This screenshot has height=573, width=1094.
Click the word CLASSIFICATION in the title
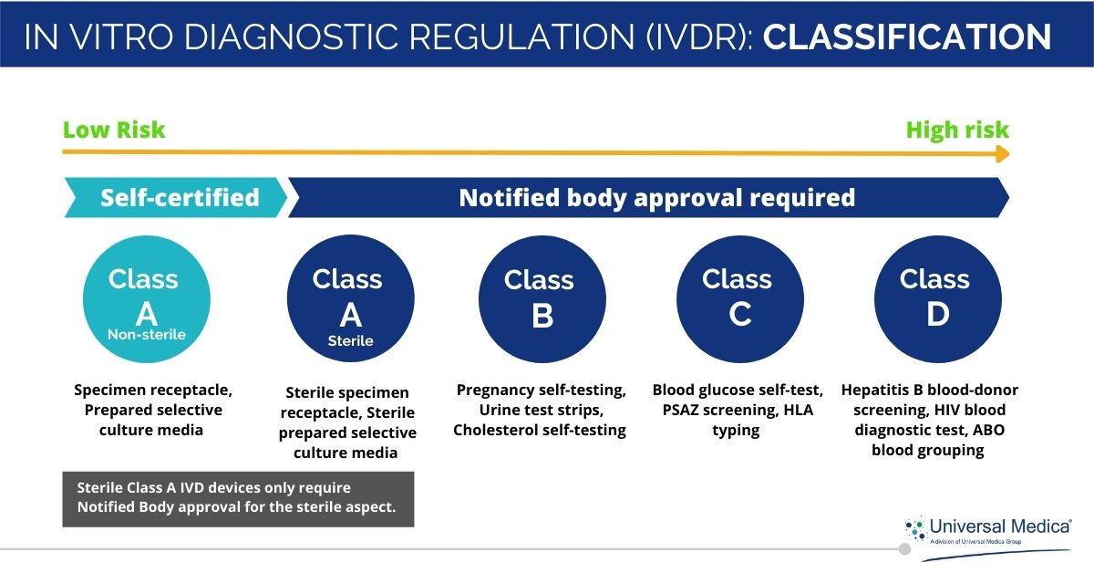click(907, 36)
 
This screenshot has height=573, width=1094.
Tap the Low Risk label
click(114, 130)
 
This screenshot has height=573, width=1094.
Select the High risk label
click(957, 130)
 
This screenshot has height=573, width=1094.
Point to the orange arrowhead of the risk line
click(1002, 154)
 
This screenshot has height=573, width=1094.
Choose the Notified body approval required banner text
click(656, 197)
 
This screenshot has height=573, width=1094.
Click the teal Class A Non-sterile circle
click(147, 300)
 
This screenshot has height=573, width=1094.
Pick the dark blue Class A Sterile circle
click(350, 300)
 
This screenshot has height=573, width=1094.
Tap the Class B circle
click(542, 300)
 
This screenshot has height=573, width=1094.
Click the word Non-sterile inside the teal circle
click(147, 335)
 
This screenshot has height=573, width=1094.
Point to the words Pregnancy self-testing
click(541, 391)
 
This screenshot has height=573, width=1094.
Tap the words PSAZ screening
click(717, 410)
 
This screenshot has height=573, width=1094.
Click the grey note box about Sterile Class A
click(237, 498)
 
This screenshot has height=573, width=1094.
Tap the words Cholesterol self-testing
click(540, 430)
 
